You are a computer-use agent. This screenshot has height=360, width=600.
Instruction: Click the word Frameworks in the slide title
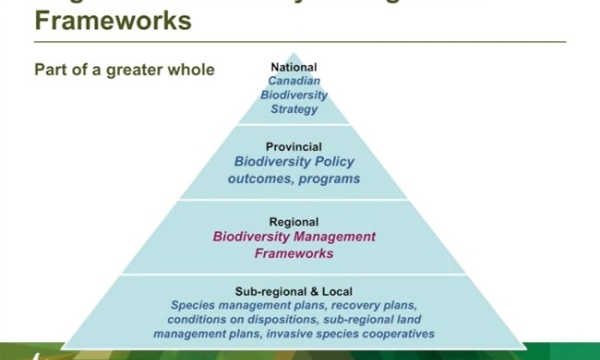point(114,21)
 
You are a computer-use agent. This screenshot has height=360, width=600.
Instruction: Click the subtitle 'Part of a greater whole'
point(125,71)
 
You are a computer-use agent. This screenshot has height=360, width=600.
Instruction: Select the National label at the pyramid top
point(294,67)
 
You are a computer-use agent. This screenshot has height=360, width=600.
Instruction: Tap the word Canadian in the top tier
point(294,81)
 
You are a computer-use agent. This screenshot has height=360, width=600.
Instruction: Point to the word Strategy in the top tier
point(294,109)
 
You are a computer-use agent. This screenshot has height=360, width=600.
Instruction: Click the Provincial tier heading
point(294,146)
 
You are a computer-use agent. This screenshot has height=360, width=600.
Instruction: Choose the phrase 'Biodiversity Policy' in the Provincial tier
point(294,162)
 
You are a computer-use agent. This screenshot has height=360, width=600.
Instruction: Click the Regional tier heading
point(294,222)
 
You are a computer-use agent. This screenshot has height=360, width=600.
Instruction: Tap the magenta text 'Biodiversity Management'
point(294,238)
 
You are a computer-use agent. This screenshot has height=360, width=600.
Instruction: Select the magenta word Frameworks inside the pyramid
point(294,254)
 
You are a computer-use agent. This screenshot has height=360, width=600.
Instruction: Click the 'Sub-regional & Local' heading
point(294,290)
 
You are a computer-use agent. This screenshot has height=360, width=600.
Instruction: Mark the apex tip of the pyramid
point(294,52)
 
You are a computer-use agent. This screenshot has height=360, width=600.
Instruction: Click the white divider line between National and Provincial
point(294,126)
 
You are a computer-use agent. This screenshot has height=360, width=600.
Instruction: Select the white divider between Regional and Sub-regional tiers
point(294,273)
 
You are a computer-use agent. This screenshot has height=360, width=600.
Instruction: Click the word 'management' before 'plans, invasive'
point(193,333)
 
